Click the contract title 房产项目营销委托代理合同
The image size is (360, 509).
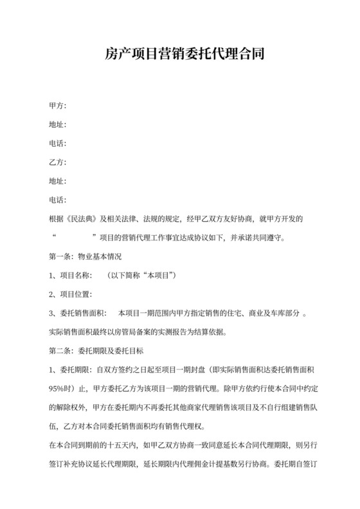point(179,55)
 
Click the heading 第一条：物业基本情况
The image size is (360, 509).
point(85,256)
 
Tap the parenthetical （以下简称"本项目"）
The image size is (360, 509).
point(142,276)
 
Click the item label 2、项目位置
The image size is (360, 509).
point(71,294)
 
